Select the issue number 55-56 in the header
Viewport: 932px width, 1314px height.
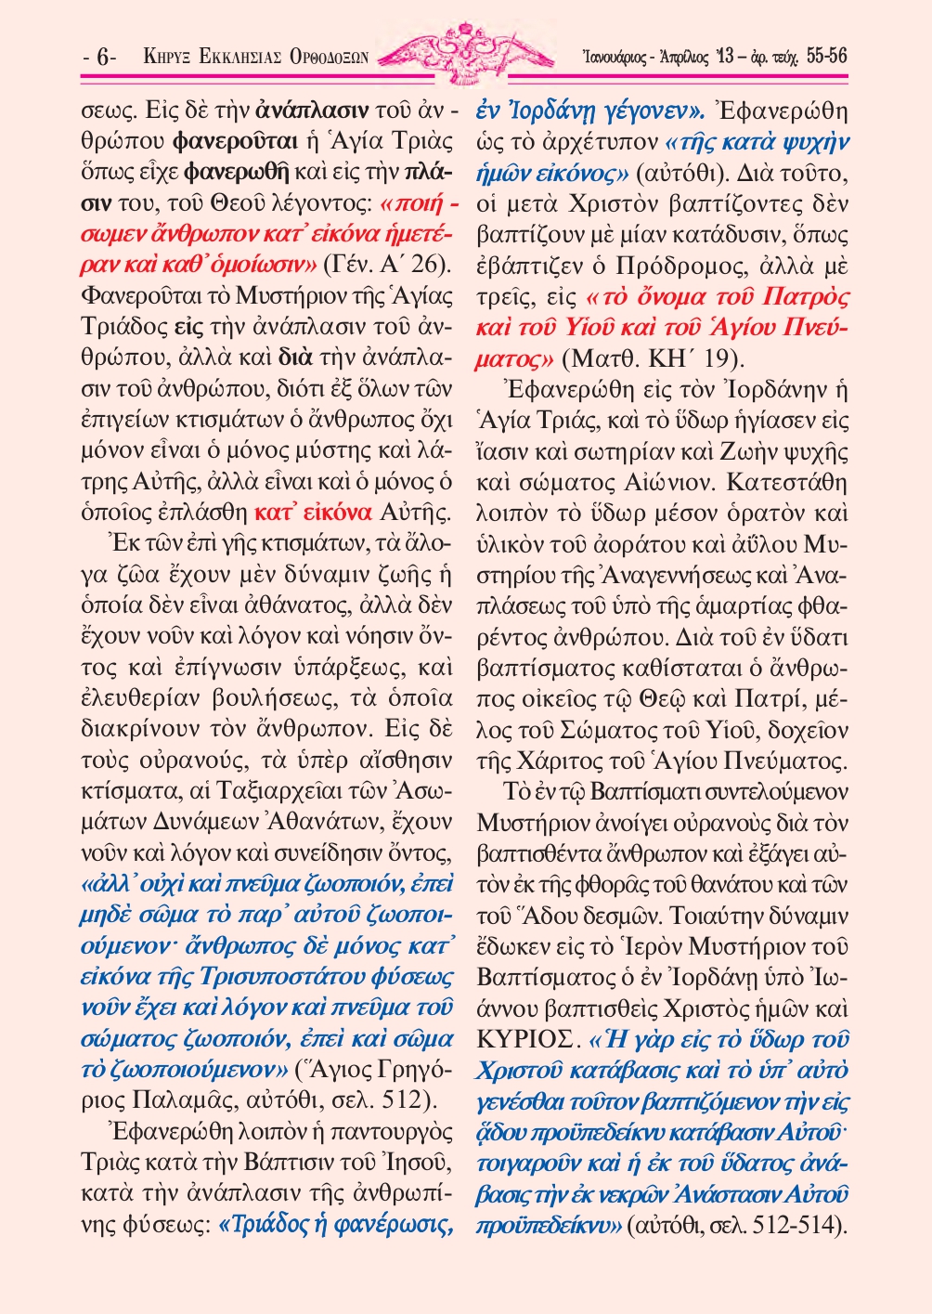pos(826,57)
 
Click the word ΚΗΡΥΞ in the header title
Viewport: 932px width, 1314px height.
pos(167,58)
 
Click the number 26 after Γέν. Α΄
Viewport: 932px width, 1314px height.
pos(430,264)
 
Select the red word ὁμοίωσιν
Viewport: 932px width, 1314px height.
pos(272,264)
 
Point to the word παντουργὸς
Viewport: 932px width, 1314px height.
pos(390,1132)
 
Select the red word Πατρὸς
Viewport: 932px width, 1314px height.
pos(805,297)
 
